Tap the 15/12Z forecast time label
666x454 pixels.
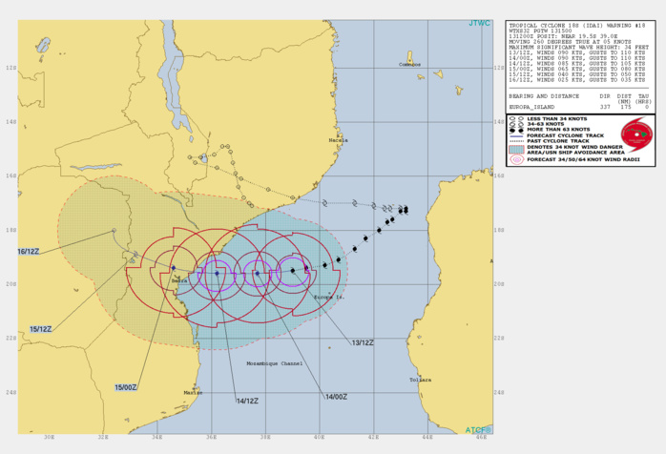click(x=40, y=329)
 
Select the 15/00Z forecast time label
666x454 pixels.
click(x=127, y=386)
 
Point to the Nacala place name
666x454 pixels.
click(x=337, y=140)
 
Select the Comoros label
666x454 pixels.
click(x=409, y=64)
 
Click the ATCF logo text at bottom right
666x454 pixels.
click(x=477, y=430)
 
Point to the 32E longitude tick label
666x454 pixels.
click(x=103, y=440)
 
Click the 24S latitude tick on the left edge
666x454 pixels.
click(x=10, y=392)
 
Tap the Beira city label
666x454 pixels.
click(x=179, y=281)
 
